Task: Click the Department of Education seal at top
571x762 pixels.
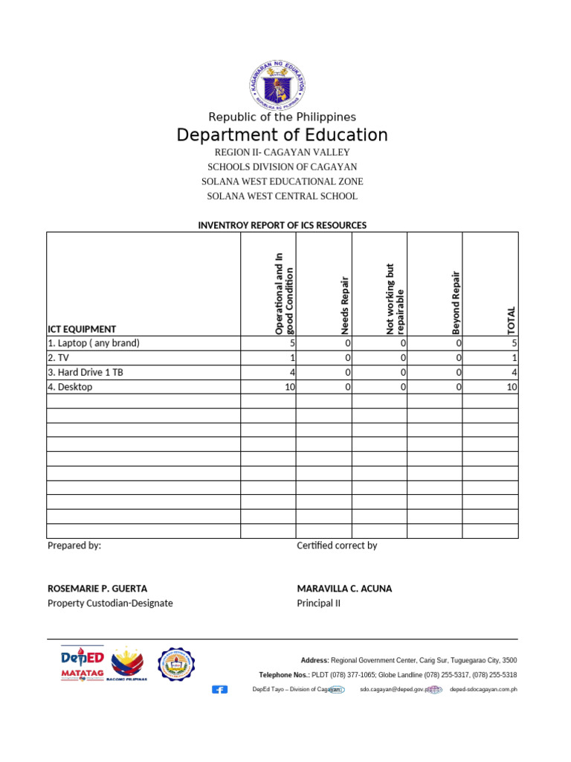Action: coord(277,85)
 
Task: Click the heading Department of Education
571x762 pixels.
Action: coord(282,135)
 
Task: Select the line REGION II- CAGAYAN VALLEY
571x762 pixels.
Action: coord(282,153)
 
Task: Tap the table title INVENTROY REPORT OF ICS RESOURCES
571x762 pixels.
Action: coord(282,225)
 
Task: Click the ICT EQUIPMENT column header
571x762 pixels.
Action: coord(82,329)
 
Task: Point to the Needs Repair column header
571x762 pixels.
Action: coord(345,305)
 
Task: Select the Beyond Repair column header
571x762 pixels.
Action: coord(457,302)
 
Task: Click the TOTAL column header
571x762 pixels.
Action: coord(511,320)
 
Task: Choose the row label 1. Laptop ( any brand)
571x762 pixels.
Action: coord(94,344)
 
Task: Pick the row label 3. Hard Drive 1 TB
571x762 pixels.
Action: coord(86,373)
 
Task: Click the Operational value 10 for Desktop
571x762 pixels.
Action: coord(288,388)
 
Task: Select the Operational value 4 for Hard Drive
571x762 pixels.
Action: coord(292,373)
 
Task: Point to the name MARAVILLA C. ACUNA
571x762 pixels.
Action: coord(344,589)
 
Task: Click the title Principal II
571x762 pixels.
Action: coord(318,603)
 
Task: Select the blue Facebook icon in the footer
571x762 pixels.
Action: coord(220,690)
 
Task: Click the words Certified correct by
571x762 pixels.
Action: coord(337,545)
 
